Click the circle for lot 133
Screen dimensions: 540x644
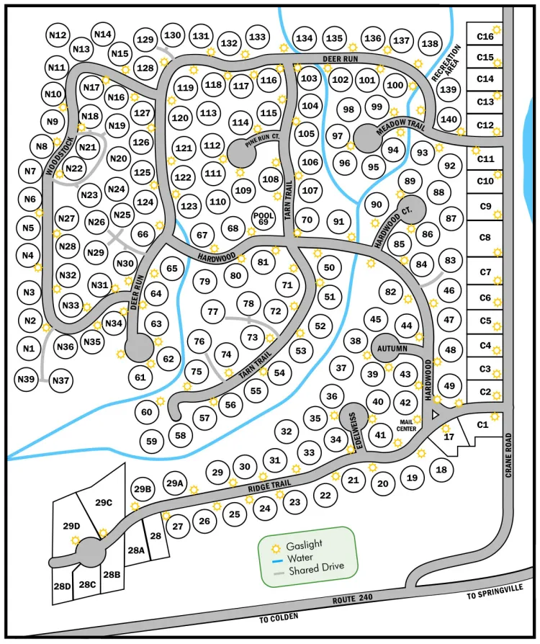[257, 37]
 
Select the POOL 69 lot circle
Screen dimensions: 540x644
[264, 218]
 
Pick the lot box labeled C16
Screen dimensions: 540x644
[485, 37]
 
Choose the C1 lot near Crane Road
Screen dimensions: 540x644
[482, 424]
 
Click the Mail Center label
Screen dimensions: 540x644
[406, 426]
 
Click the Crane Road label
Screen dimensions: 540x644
[508, 455]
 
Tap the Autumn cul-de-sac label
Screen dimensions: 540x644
[392, 349]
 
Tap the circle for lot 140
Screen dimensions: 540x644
[449, 120]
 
